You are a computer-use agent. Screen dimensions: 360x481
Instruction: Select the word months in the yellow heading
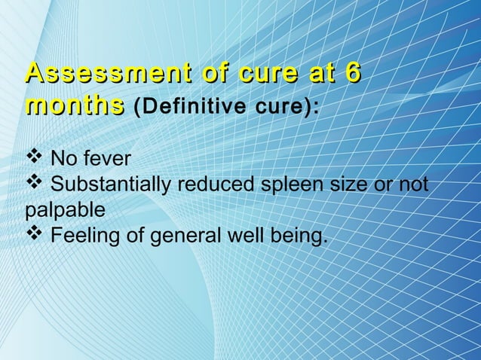[74, 105]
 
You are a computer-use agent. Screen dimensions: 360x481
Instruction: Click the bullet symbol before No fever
[34, 158]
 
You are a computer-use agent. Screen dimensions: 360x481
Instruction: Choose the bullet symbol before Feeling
[34, 236]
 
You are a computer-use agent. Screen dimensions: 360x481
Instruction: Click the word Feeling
[87, 238]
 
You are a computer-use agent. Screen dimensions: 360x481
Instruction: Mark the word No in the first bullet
[61, 160]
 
